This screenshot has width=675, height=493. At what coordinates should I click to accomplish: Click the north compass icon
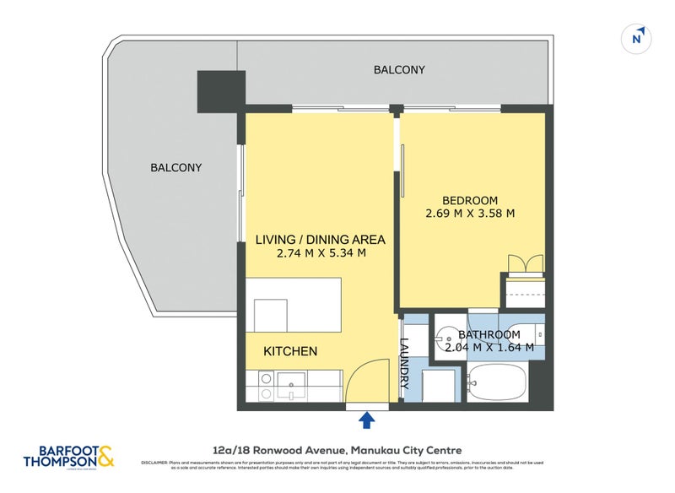click(638, 37)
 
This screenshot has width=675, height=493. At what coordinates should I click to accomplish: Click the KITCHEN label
click(290, 351)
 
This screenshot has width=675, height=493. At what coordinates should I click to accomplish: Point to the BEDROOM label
click(469, 200)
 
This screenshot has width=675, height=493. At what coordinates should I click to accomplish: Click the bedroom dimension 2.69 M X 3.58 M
click(470, 214)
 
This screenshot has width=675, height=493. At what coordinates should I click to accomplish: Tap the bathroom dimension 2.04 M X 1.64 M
click(489, 347)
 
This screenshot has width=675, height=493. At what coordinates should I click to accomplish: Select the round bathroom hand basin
click(449, 335)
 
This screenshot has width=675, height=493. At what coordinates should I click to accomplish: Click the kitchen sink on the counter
click(290, 386)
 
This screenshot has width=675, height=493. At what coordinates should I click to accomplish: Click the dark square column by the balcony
click(217, 91)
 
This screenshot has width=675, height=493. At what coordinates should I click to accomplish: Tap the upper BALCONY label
click(399, 70)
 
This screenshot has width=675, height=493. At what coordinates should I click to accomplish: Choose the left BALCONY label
click(176, 167)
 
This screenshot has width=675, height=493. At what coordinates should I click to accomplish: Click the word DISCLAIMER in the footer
click(157, 463)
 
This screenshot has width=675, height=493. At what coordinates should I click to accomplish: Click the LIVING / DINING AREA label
click(320, 240)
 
